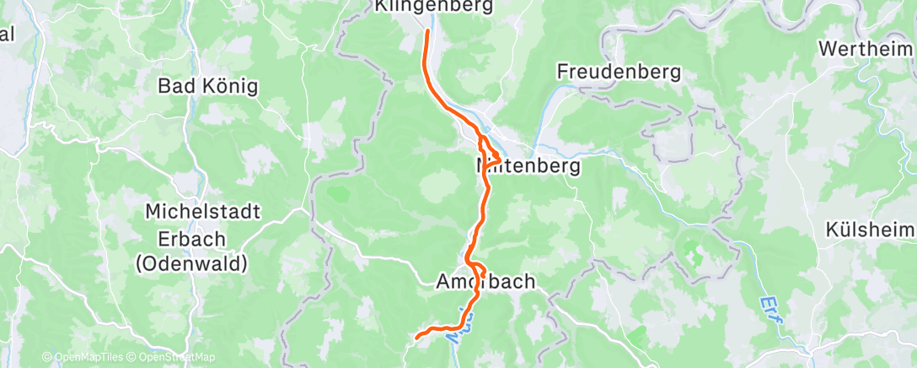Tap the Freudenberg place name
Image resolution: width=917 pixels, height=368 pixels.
pyautogui.click(x=618, y=73)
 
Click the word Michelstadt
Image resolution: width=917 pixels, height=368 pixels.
pyautogui.click(x=190, y=211)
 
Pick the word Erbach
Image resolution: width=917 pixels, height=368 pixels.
pyautogui.click(x=175, y=237)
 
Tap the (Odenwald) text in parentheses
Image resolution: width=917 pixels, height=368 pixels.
pyautogui.click(x=191, y=263)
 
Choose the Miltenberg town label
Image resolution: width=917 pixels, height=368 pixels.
pyautogui.click(x=528, y=166)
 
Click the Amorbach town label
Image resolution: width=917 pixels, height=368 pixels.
pyautogui.click(x=485, y=282)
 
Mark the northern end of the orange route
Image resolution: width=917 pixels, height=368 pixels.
pyautogui.click(x=426, y=32)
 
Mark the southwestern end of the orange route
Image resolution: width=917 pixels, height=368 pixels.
pyautogui.click(x=418, y=338)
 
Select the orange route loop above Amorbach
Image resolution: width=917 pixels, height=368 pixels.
pyautogui.click(x=477, y=271)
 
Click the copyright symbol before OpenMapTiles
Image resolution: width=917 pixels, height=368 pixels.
pyautogui.click(x=46, y=358)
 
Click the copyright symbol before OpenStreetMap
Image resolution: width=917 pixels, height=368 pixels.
pyautogui.click(x=133, y=358)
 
